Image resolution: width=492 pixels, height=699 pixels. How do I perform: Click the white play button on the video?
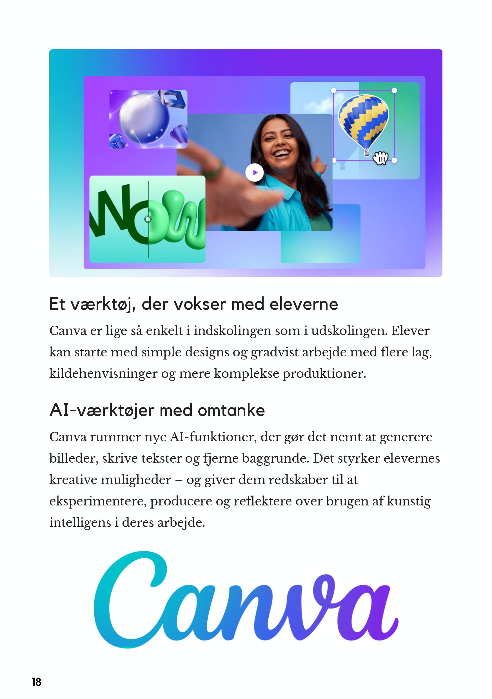[x=254, y=173]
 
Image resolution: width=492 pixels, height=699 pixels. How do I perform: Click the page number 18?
[x=37, y=682]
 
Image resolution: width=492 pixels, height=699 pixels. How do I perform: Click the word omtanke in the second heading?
[x=231, y=410]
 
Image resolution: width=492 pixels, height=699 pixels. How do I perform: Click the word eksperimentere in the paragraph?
[x=98, y=501]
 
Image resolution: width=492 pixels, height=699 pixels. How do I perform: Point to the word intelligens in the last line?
[x=80, y=523]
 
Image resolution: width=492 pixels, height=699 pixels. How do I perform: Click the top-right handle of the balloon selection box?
[x=394, y=90]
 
